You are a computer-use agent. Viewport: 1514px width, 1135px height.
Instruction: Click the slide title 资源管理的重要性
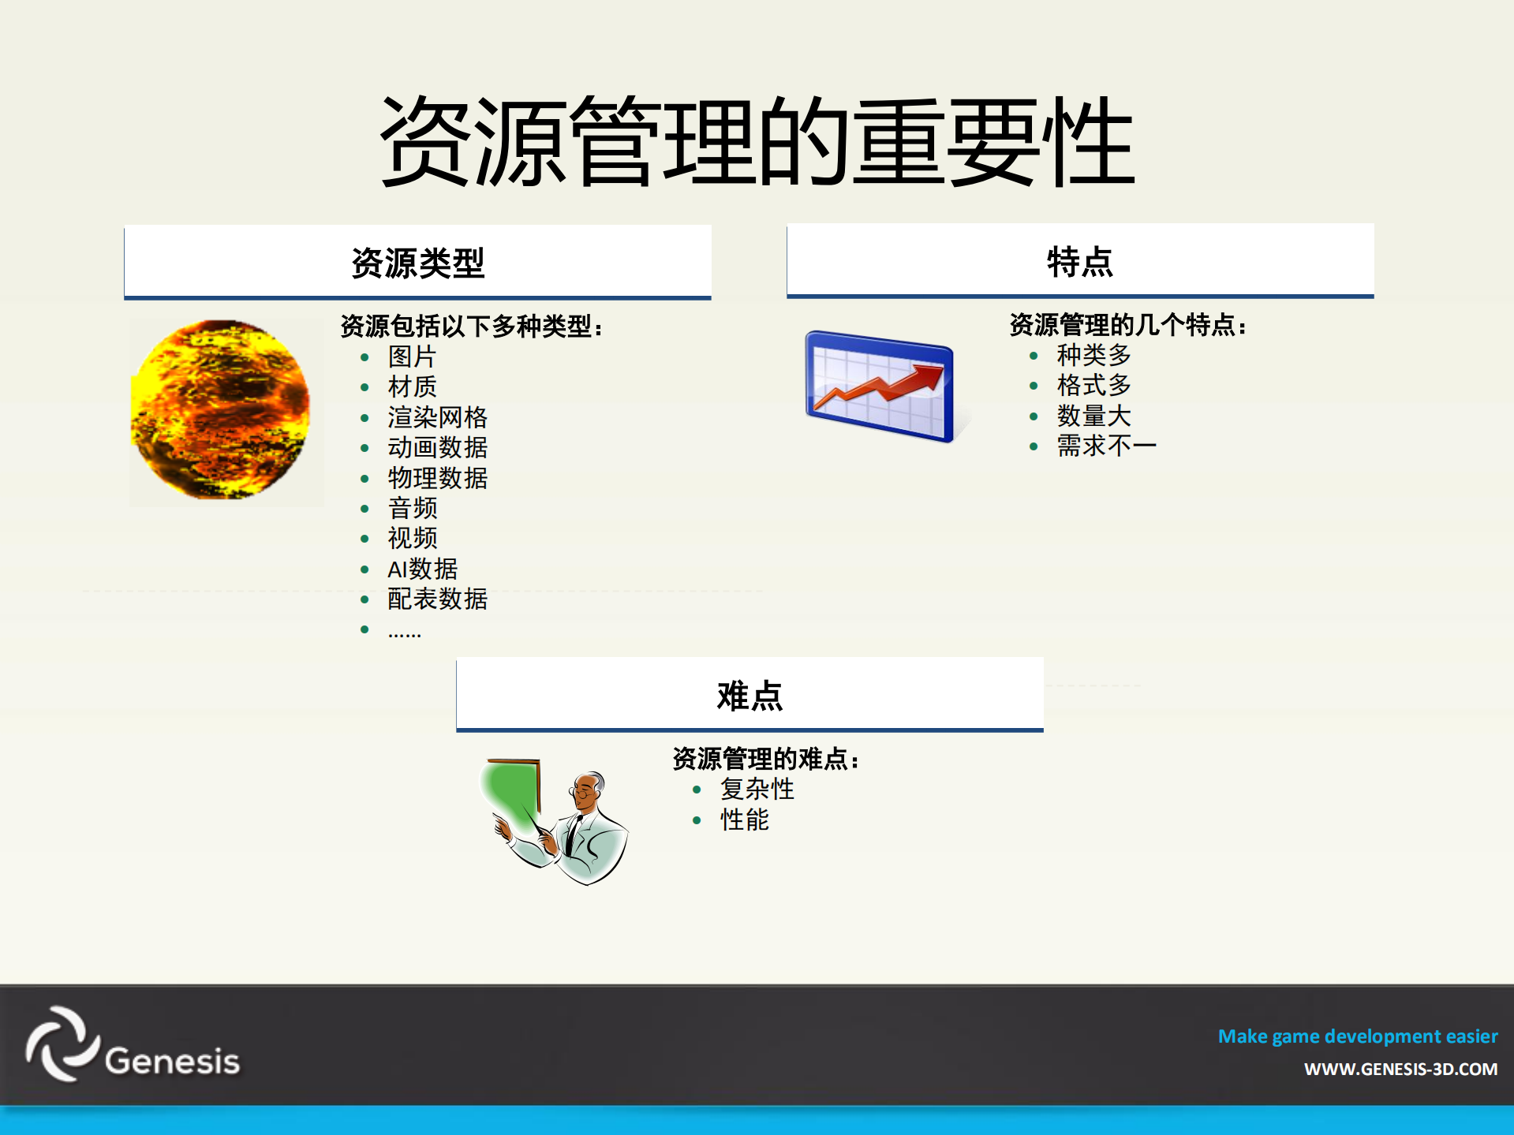(757, 142)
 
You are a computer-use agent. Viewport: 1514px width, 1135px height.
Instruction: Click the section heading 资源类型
(417, 263)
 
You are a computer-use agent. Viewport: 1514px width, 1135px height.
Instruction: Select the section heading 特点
(1079, 261)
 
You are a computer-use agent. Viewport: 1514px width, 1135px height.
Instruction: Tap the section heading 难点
(750, 696)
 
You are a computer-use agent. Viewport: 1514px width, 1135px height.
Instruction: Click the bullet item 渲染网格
(437, 417)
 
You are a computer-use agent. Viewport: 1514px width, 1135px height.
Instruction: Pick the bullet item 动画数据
(437, 447)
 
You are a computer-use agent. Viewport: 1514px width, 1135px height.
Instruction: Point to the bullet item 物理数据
(437, 478)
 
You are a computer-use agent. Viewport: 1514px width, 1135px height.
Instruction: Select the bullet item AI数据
(422, 569)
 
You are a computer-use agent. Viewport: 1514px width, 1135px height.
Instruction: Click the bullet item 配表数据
(437, 599)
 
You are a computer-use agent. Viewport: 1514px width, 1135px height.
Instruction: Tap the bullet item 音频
(412, 508)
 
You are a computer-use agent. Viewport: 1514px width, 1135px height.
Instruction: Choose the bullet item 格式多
(1093, 385)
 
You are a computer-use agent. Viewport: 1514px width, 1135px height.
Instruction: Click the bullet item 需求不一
(1106, 446)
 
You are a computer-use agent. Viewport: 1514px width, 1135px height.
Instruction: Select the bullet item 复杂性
(757, 789)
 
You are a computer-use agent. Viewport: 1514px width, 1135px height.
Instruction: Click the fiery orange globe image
(221, 409)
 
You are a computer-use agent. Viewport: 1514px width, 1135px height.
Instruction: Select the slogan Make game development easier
(1357, 1036)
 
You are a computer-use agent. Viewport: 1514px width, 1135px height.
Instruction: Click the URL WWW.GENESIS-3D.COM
(1400, 1070)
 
